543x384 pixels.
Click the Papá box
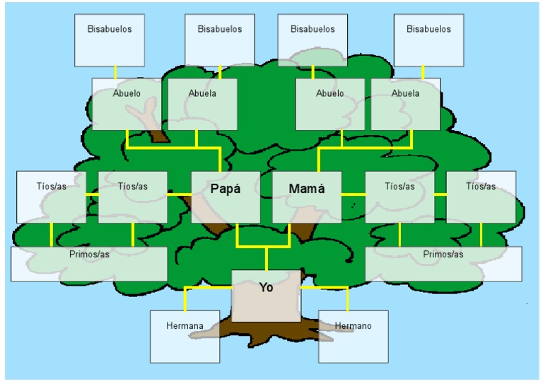tap(226, 197)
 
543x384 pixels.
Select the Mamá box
tap(307, 197)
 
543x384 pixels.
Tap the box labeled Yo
tap(266, 296)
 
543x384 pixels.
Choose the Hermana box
tap(185, 336)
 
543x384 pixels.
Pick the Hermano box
tap(353, 336)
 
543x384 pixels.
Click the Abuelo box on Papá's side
tap(127, 104)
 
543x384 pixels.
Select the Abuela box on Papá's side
tap(202, 104)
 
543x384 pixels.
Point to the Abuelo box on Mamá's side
tap(329, 104)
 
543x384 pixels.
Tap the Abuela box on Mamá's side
tap(405, 104)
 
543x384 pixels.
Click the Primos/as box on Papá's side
tap(89, 263)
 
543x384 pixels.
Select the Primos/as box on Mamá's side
tap(443, 263)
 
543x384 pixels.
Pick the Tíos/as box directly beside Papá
tap(133, 197)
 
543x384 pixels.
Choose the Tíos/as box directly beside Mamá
tap(399, 197)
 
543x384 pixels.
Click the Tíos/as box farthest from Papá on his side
tap(51, 197)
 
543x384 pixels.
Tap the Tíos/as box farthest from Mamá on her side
tap(481, 197)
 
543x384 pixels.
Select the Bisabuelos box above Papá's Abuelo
tap(110, 40)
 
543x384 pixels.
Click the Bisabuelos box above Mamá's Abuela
tap(428, 40)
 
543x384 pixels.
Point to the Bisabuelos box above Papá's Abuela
tap(220, 40)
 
